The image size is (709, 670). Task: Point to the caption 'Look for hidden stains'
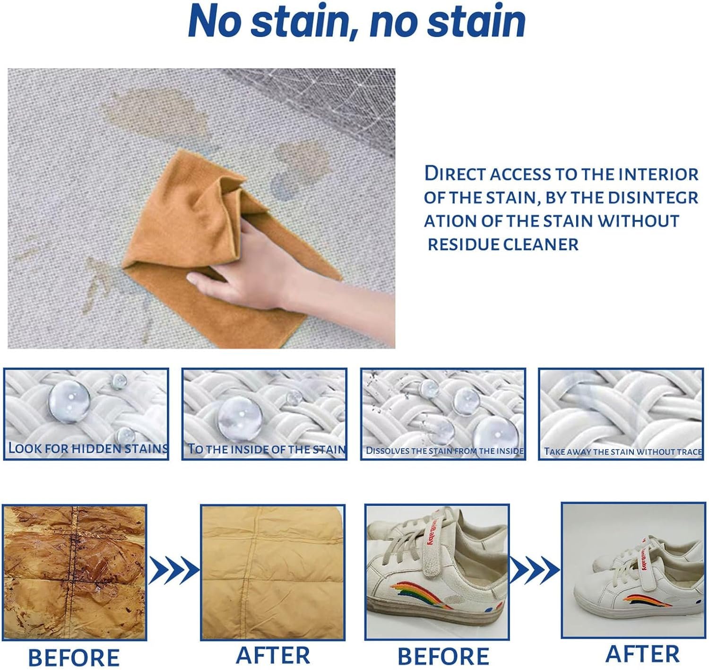[x=88, y=448]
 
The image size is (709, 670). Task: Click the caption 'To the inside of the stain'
[x=266, y=449]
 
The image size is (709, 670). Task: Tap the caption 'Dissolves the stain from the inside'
[x=444, y=451]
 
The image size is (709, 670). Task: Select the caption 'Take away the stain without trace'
[x=623, y=452]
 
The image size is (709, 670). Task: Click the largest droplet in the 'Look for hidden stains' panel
[x=69, y=401]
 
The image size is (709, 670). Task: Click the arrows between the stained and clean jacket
[x=173, y=570]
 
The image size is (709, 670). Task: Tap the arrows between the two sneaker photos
[x=535, y=570]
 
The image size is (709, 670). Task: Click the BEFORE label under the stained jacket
[x=74, y=657]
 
